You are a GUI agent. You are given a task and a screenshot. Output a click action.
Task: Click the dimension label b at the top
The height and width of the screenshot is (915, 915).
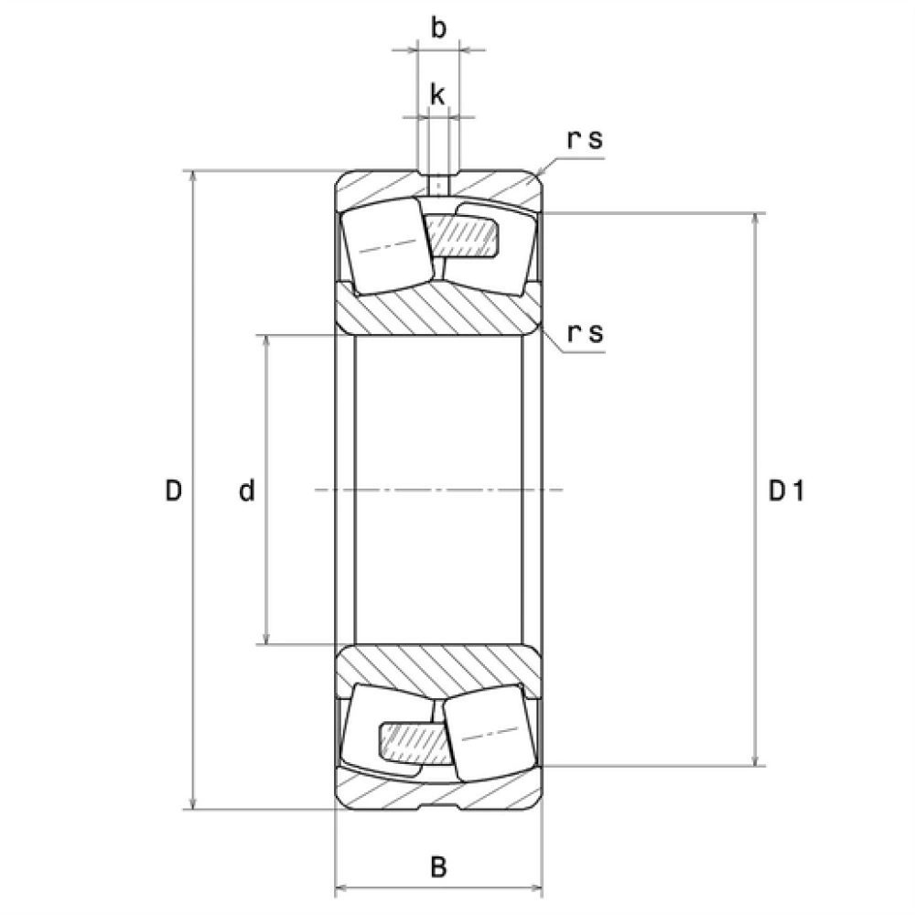438,28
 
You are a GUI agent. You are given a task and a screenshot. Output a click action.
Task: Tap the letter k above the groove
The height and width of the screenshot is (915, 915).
437,94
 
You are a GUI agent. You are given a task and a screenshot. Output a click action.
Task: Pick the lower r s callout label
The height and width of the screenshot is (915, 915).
586,334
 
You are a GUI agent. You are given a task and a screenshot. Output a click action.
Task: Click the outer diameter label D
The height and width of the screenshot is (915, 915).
173,490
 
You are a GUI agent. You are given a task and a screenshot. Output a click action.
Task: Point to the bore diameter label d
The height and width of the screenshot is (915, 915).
247,490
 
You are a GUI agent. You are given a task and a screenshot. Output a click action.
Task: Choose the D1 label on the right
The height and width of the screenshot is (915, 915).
786,490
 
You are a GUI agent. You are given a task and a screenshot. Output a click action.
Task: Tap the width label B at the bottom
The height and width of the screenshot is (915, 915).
438,867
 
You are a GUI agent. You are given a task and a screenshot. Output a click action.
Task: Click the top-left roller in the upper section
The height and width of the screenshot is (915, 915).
387,245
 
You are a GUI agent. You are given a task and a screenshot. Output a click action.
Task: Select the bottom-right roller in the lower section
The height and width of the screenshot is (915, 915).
489,732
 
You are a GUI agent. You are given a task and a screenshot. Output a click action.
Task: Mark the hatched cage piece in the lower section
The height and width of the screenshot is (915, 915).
415,742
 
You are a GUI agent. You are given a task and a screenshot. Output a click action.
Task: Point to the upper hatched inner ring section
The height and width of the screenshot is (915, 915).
438,309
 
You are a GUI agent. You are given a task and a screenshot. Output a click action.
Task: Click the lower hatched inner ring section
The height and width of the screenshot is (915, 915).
438,671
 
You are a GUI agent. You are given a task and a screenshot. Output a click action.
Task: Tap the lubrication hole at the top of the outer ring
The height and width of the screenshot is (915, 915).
438,186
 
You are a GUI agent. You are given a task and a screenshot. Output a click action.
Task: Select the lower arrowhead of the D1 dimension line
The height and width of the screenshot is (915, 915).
757,759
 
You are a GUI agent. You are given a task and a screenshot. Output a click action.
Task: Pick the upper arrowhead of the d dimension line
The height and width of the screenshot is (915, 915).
266,342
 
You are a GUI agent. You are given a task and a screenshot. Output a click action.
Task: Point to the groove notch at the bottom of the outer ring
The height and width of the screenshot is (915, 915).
439,806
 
